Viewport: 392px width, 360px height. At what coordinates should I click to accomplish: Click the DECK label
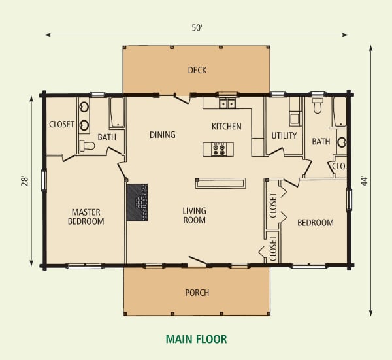(197, 71)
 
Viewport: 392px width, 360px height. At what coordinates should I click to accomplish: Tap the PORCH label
(197, 293)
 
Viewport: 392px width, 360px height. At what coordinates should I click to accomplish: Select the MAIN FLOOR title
(197, 339)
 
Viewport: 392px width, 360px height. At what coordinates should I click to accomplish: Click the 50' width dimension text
(197, 27)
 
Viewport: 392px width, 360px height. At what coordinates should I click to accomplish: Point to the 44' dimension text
(365, 181)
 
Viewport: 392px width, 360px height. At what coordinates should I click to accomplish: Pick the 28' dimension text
(25, 181)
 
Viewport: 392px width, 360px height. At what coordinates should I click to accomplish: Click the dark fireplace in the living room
(137, 203)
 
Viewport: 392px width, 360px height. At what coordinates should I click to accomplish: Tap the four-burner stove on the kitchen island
(219, 149)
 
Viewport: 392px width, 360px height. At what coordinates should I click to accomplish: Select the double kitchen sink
(227, 103)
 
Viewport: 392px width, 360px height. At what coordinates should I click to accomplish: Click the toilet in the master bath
(88, 146)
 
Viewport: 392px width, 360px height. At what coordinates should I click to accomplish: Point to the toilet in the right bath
(318, 105)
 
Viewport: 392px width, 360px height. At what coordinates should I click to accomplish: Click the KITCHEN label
(227, 127)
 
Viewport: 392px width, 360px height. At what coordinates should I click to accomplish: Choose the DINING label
(163, 135)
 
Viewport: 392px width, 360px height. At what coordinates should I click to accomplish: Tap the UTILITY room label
(284, 135)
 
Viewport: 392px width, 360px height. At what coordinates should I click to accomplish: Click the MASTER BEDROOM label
(86, 217)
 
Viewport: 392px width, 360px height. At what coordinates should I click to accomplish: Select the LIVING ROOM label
(195, 216)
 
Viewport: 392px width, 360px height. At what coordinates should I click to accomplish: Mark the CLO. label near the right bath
(339, 166)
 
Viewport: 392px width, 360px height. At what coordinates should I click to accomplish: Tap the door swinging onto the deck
(182, 98)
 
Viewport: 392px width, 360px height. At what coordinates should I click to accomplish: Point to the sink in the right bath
(342, 142)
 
